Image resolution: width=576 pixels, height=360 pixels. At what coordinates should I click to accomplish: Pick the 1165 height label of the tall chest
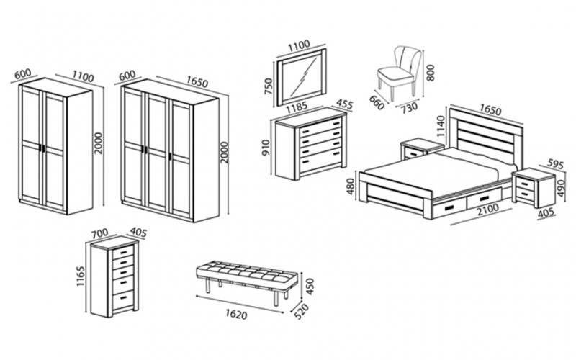pos(81,277)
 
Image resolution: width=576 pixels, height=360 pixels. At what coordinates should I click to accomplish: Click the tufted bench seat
pos(244,273)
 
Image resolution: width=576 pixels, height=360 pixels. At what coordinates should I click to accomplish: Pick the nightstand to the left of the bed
pos(421,149)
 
